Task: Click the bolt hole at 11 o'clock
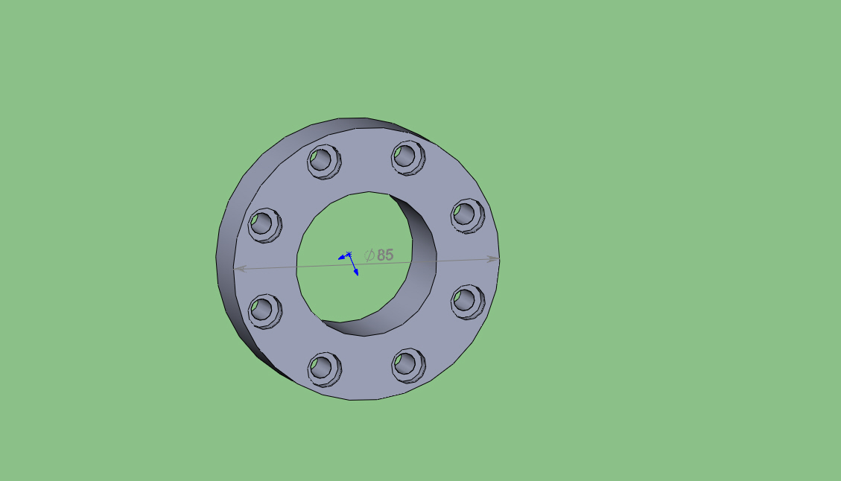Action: (x=324, y=162)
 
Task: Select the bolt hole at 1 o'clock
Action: (x=407, y=158)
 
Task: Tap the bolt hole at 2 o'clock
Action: (x=467, y=216)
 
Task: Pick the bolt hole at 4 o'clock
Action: (x=468, y=302)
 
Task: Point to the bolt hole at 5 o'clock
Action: (x=408, y=366)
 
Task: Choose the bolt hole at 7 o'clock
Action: (x=325, y=369)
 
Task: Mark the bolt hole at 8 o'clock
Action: (x=265, y=311)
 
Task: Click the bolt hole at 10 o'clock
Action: (x=265, y=225)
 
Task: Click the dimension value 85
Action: (x=385, y=255)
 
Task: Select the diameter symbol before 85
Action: (x=369, y=255)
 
